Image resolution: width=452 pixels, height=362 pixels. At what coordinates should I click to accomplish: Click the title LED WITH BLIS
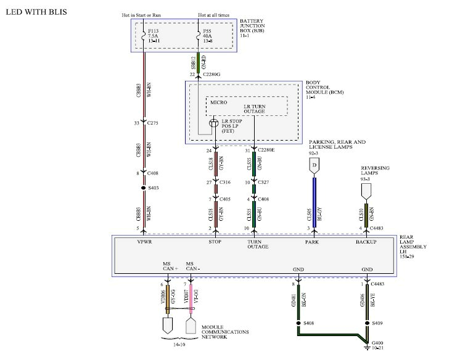pos(36,12)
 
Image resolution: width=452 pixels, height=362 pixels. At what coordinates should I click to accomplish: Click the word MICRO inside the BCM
pos(219,103)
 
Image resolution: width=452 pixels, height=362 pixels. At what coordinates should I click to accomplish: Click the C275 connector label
pos(154,123)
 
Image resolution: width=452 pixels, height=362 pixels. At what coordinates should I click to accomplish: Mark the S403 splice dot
pos(144,187)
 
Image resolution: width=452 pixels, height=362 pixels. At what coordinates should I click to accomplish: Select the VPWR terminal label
pos(144,242)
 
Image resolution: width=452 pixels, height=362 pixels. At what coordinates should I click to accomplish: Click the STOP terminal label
pos(215,242)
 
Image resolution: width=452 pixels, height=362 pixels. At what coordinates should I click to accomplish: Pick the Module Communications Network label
pos(225,333)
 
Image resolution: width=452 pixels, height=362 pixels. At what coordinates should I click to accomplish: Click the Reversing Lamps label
pos(376,171)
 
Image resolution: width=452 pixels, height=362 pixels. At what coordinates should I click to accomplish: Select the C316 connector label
pos(226,183)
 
